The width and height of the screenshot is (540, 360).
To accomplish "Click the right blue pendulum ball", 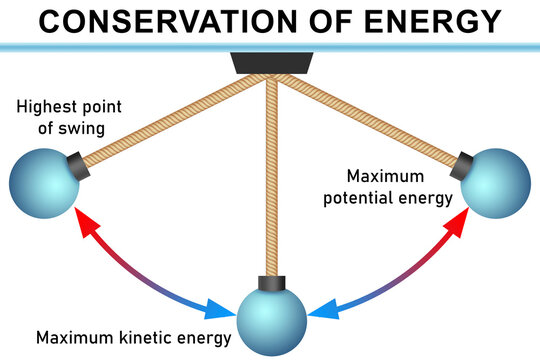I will coord(496,184).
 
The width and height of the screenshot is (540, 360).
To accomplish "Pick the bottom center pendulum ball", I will coord(270,321).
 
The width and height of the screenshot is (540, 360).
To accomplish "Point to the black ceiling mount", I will coord(268,64).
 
